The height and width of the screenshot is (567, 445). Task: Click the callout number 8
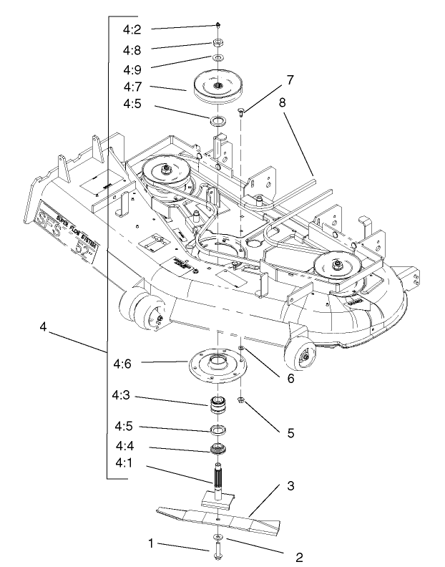point(283,102)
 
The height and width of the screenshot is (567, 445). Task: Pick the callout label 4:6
point(124,363)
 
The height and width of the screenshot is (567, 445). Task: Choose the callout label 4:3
point(124,395)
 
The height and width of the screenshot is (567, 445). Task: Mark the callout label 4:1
point(124,463)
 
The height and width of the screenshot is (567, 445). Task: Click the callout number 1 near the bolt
point(151,543)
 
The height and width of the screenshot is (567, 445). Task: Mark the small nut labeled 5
point(243,401)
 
